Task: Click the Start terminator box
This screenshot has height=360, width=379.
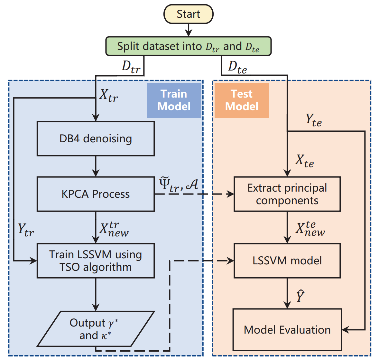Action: coord(189,14)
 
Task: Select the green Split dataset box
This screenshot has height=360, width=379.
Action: coord(189,46)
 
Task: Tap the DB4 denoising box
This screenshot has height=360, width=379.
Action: coord(96,139)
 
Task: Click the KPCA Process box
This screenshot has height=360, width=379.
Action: coord(96,194)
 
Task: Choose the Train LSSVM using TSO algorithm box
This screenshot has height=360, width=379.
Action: coord(96,261)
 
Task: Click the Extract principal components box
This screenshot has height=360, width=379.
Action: coord(287,194)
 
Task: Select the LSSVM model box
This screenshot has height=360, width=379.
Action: coord(287,261)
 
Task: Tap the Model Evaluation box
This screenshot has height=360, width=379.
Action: coord(287,330)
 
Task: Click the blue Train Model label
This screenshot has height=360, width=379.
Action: coord(174,100)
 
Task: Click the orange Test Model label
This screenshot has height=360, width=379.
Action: coord(242,100)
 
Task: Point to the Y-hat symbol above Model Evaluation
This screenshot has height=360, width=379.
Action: coord(300,296)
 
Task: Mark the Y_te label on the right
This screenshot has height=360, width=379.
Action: coord(313,120)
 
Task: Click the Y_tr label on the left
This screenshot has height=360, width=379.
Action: coord(26,230)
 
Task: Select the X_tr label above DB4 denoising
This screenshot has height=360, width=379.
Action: coord(108,95)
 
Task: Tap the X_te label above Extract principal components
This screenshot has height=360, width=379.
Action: coord(304,161)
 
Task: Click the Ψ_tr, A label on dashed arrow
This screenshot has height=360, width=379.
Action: coord(179,185)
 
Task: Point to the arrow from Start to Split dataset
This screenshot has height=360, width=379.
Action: coord(189,30)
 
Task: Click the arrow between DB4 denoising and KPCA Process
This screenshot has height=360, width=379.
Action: coord(96,166)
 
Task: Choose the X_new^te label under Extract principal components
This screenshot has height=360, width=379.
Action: coord(310,229)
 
